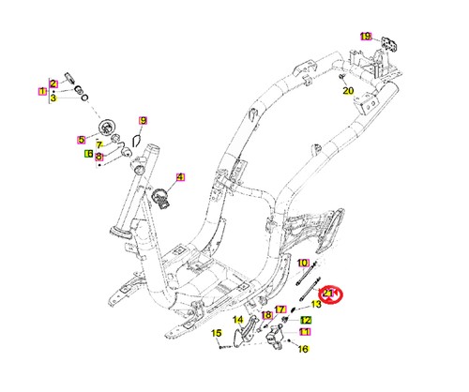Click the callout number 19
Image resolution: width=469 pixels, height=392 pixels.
366,37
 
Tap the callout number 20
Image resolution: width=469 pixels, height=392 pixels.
348,91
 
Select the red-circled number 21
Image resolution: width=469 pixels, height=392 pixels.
328,294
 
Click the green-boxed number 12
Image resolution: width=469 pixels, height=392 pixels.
306,320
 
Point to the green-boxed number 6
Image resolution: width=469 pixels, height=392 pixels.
89,154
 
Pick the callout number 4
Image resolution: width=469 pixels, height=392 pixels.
180,177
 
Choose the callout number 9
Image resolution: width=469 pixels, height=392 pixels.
143,121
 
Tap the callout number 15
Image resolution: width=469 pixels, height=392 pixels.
217,333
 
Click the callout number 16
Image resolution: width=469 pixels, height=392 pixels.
303,349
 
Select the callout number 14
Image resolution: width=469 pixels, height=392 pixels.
238,320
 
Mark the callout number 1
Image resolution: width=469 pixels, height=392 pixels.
42,91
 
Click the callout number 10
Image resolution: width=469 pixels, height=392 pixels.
302,263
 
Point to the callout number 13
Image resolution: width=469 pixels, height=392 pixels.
316,304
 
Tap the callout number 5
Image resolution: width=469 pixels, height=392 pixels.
82,140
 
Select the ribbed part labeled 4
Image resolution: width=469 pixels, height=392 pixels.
160,199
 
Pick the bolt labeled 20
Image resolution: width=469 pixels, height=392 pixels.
341,77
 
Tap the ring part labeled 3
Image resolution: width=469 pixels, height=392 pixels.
84,98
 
